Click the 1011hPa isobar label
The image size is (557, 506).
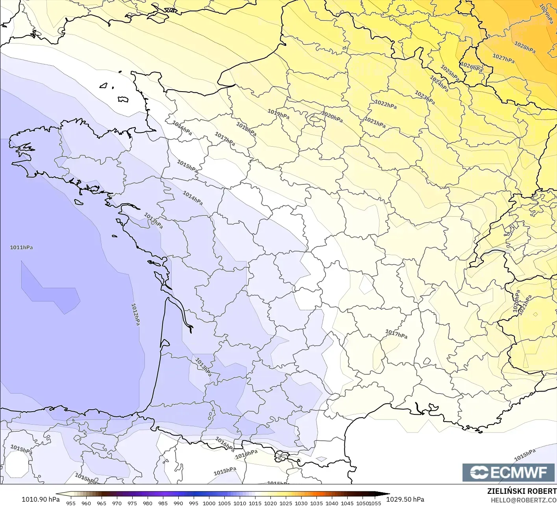click(21, 247)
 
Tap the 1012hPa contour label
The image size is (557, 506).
click(135, 314)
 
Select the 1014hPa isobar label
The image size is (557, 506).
click(193, 198)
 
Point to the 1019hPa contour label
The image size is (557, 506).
click(278, 114)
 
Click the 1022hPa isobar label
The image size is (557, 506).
click(385, 105)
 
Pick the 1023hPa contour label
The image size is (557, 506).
click(425, 98)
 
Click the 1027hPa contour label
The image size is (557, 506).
click(503, 59)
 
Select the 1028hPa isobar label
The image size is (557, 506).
click(525, 48)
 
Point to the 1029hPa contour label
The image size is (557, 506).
click(546, 14)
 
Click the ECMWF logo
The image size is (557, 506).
click(509, 472)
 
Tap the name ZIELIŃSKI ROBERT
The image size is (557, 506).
click(522, 491)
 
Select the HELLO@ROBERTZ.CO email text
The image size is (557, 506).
click(524, 500)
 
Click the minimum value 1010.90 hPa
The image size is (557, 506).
click(41, 499)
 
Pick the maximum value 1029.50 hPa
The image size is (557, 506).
click(405, 499)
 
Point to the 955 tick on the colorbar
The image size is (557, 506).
click(71, 503)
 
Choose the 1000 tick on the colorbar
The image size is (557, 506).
click(209, 503)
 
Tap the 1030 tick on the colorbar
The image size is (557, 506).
click(301, 503)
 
